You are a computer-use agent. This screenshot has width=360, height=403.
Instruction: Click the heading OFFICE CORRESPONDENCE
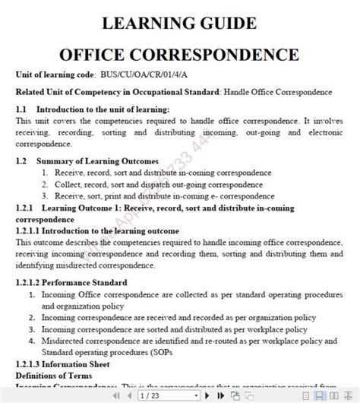(179, 55)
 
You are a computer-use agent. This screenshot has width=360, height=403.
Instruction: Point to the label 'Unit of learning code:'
(55, 76)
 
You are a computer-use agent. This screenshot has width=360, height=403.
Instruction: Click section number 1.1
(21, 109)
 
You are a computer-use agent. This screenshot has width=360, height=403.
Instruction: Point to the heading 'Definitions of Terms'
(52, 374)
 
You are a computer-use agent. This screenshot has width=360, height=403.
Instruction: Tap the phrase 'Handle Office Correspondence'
(278, 93)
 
